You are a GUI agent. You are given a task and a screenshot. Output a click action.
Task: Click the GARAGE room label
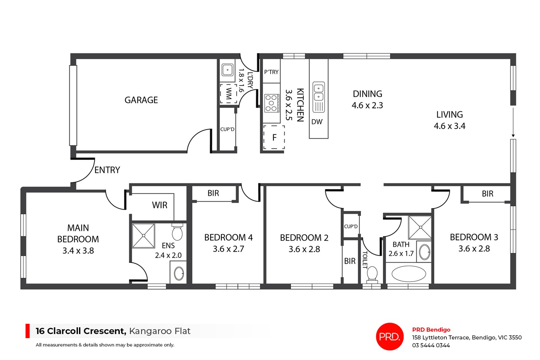[x=141, y=100]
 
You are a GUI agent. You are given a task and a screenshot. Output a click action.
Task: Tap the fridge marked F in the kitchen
[x=274, y=137]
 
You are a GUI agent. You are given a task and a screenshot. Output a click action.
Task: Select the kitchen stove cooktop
[x=271, y=103]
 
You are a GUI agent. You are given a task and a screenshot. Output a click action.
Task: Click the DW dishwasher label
[x=317, y=122]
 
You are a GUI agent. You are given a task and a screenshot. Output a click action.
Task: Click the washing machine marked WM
[x=228, y=93]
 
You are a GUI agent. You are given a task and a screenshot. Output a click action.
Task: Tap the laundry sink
[x=227, y=70]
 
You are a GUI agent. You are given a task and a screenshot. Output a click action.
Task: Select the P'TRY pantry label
[x=271, y=72]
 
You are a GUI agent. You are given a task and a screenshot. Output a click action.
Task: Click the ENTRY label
[x=107, y=170]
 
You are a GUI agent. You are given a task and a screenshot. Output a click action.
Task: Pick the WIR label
[x=159, y=205]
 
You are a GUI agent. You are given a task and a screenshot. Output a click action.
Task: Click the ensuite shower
[x=143, y=236]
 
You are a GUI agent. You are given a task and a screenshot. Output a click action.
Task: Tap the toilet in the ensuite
[x=177, y=232]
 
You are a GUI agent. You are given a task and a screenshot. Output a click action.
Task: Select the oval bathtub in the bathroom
[x=409, y=274]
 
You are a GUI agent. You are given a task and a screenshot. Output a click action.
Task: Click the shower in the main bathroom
[x=420, y=228]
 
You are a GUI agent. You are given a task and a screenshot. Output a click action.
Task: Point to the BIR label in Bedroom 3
[x=487, y=194]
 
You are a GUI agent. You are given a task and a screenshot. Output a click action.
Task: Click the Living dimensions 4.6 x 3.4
[x=449, y=126]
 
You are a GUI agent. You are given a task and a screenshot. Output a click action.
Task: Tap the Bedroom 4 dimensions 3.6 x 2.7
[x=228, y=249]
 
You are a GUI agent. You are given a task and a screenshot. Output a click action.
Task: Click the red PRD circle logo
[x=389, y=336]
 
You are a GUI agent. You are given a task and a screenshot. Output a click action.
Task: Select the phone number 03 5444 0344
[x=431, y=345]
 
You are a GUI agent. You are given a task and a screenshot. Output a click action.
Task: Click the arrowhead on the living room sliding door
[x=513, y=136]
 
